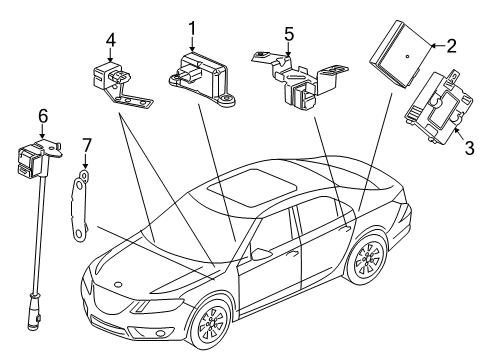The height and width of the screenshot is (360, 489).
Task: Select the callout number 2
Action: pos(451,44)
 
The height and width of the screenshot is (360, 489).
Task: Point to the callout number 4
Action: pos(112,40)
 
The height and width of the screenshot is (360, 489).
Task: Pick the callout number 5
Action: pos(288,33)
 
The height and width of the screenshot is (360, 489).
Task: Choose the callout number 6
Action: pos(42,117)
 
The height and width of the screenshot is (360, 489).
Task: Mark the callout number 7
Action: pos(87,151)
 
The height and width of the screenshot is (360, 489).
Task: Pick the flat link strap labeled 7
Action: pos(78,205)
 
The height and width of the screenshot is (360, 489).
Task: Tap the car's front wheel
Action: pos(210,329)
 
